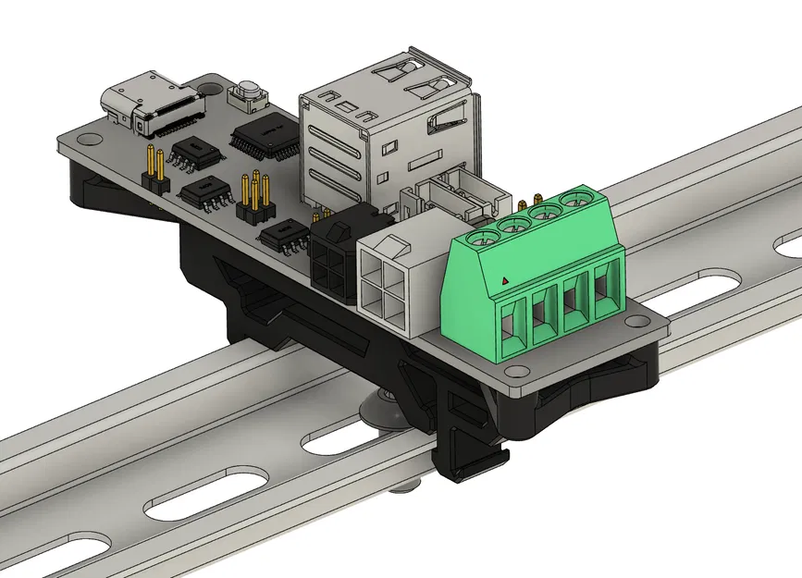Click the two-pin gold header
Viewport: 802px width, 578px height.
154,168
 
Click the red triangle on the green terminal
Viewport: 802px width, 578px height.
504,278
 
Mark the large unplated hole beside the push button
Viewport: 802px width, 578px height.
209,92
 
